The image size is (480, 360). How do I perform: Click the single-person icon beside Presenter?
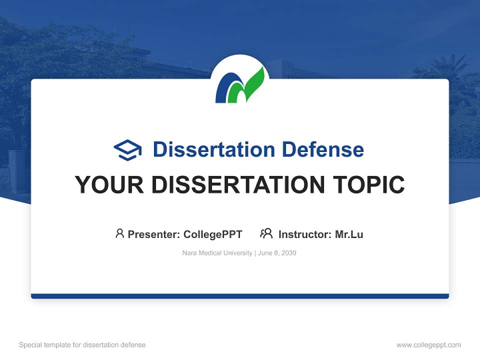coord(119,233)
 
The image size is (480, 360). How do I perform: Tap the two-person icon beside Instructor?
coord(266,233)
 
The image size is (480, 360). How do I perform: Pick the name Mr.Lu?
coord(349,234)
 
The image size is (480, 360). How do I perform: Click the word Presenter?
coord(154,234)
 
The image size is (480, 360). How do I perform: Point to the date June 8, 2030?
coord(278,253)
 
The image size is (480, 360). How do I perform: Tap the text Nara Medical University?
coord(217,253)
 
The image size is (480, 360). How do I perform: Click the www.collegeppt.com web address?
coord(428,345)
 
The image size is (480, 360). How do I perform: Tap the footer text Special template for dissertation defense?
coord(82,345)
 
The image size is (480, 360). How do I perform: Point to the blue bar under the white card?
coord(240,296)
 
